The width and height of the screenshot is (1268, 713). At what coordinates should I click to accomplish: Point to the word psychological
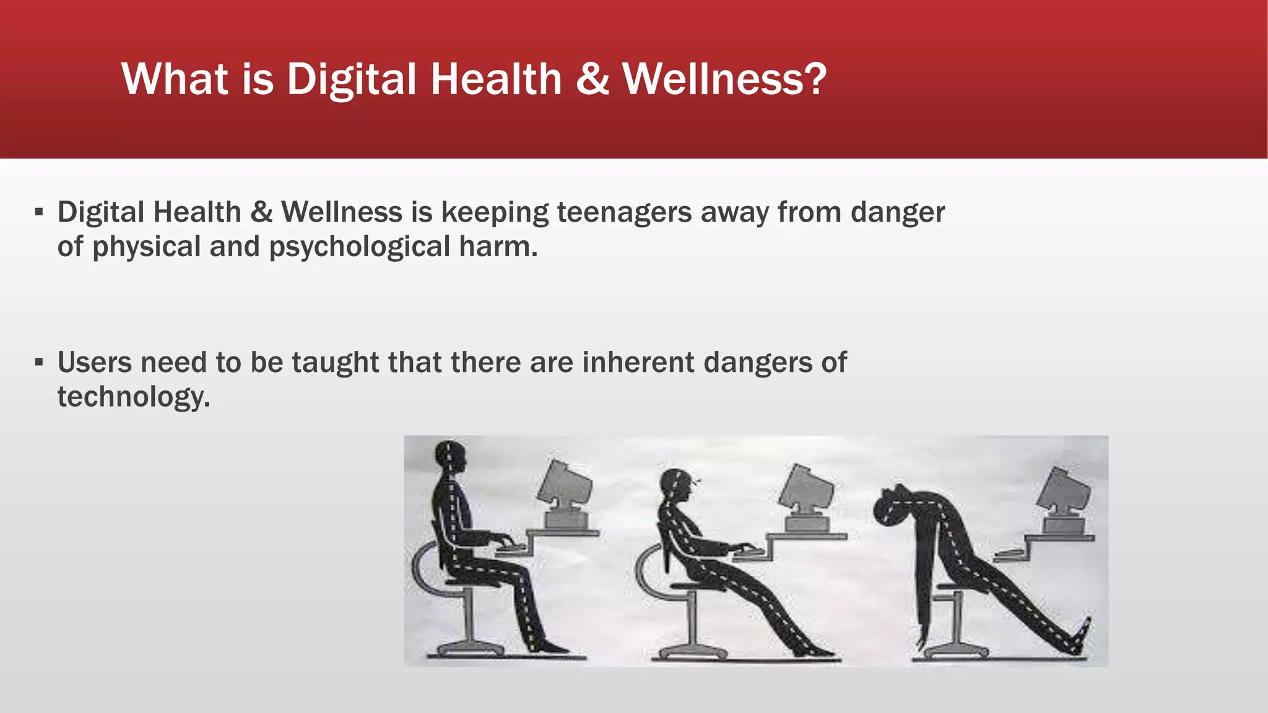coord(359,247)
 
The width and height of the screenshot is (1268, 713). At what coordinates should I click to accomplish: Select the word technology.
coord(134,397)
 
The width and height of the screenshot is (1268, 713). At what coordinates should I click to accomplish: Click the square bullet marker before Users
coord(39,362)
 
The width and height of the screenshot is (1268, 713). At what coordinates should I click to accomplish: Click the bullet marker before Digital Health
coord(39,212)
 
